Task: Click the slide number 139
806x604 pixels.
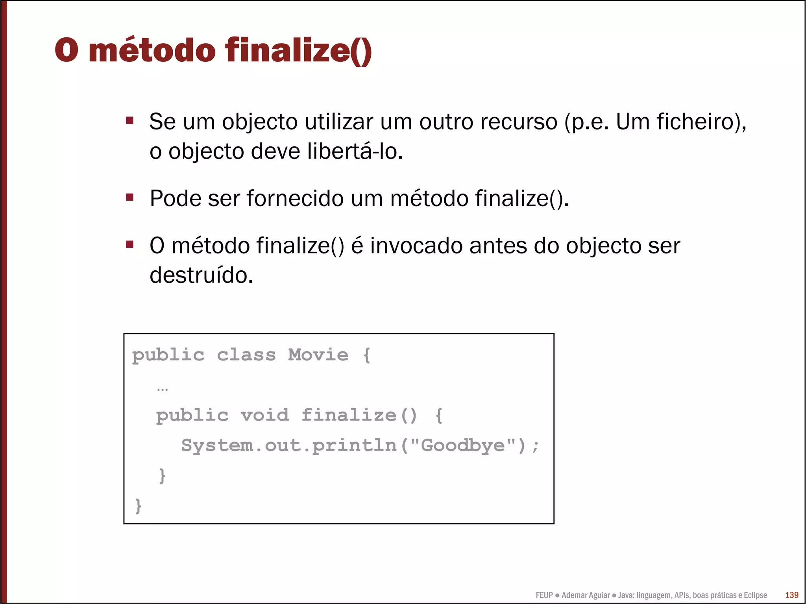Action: point(791,595)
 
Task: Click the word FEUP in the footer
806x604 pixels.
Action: point(544,595)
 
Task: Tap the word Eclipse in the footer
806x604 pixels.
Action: point(755,595)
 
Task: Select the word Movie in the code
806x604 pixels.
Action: point(318,355)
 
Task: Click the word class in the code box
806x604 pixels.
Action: point(246,355)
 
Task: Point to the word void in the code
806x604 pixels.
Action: point(265,415)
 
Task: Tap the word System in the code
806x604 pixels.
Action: point(217,445)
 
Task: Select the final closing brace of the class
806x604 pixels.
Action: point(138,506)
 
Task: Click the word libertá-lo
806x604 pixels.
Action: point(355,151)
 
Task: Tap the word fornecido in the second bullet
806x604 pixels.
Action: point(295,198)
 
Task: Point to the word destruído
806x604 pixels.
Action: point(201,275)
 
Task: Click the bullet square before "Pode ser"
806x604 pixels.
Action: point(130,197)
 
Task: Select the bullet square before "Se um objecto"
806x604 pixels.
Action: point(130,120)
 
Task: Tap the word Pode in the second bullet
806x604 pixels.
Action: point(175,198)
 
